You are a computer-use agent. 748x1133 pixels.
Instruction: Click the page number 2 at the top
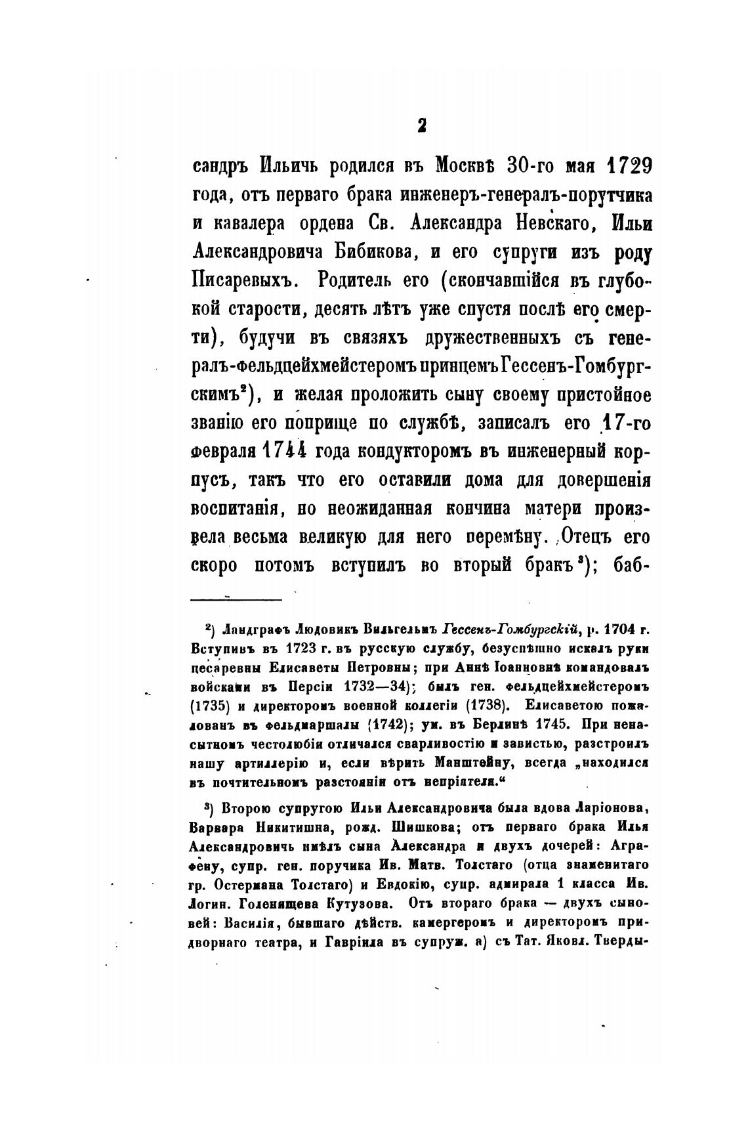point(421,125)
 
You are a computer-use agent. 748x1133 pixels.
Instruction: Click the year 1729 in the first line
point(621,167)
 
